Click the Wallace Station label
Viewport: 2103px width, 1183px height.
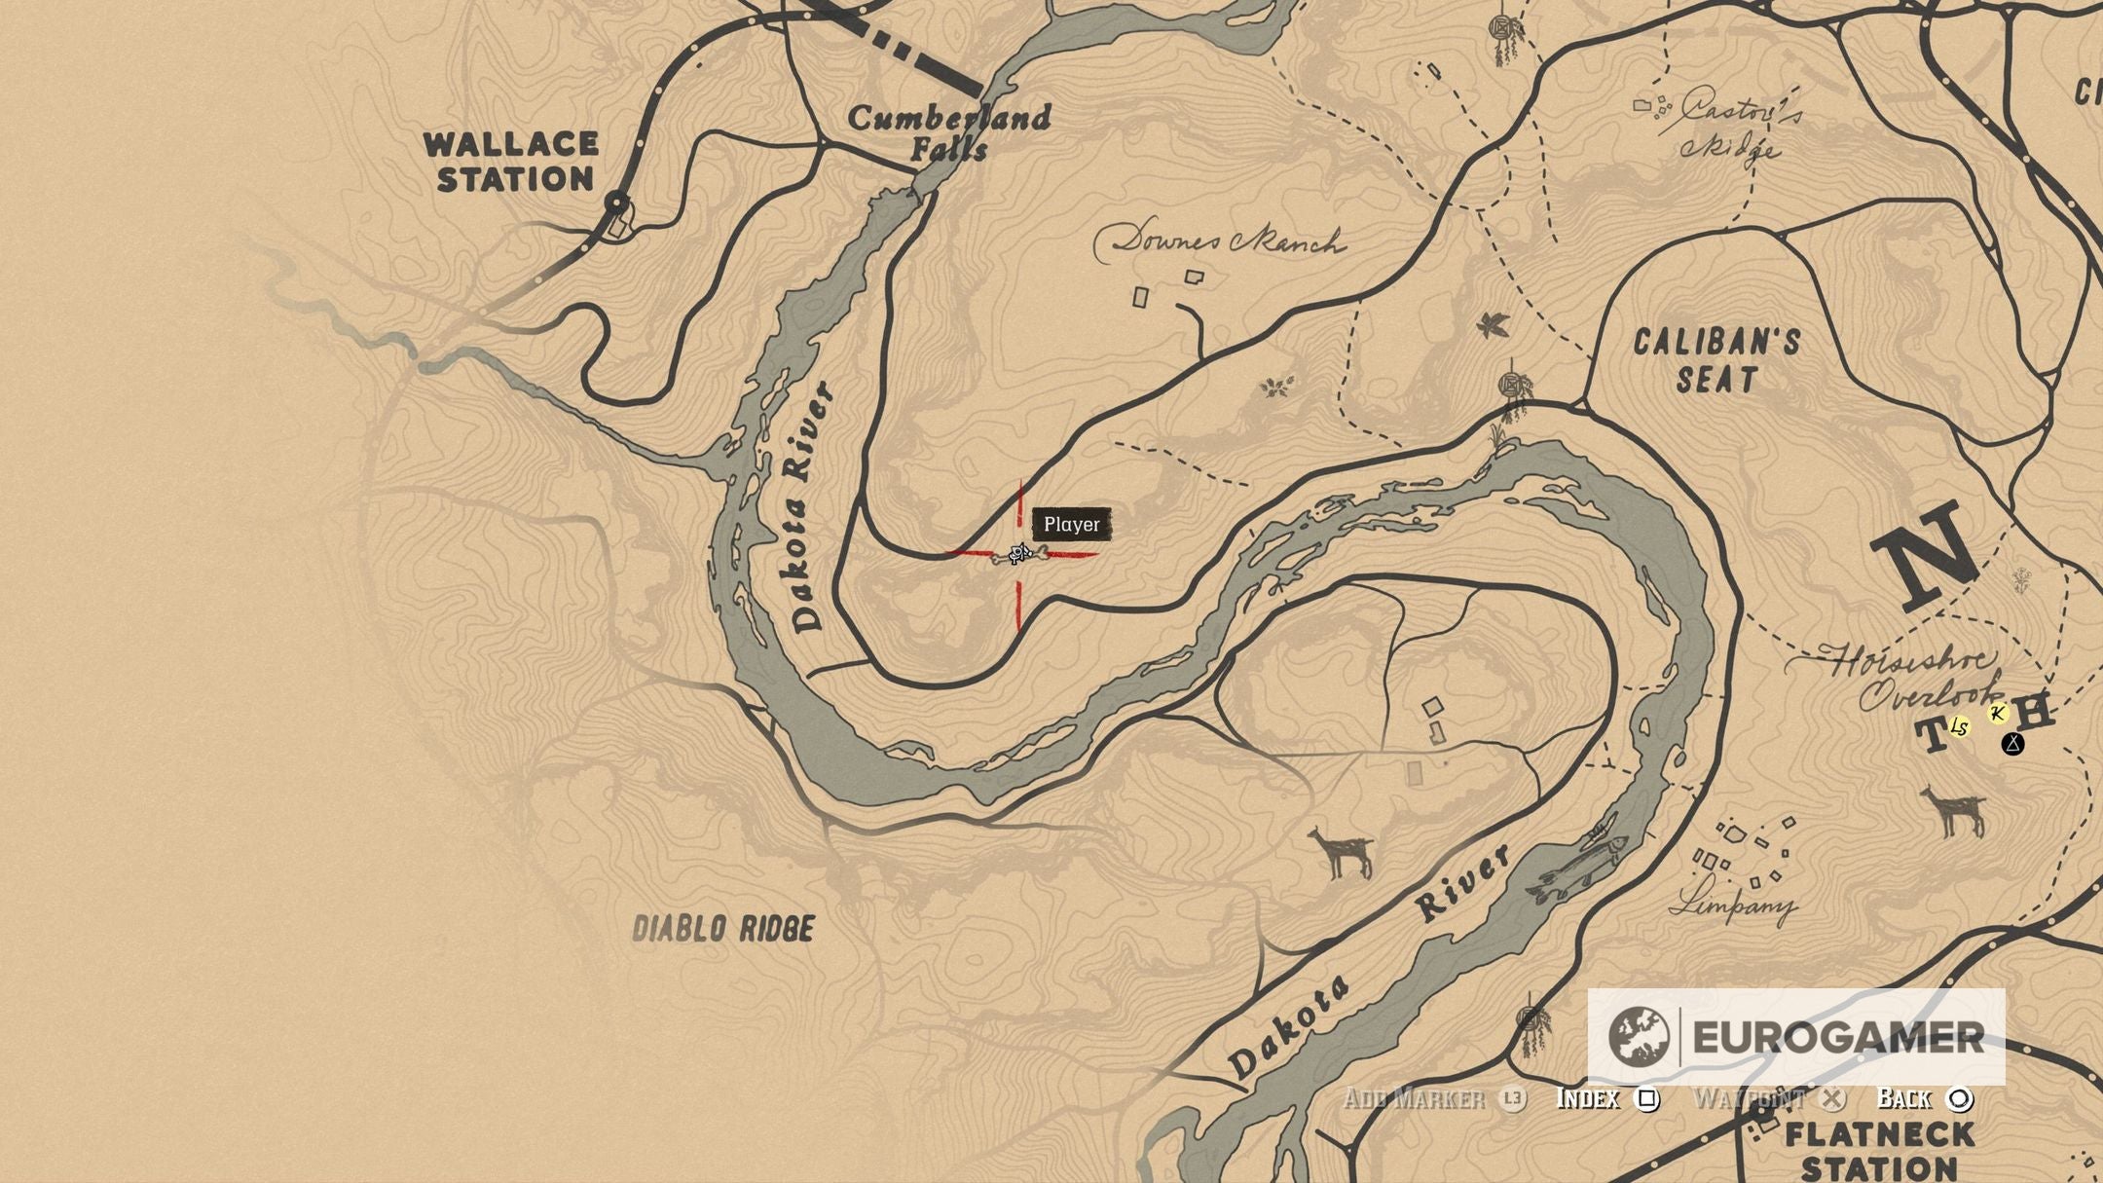click(512, 162)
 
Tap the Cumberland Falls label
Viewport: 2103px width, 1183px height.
click(949, 132)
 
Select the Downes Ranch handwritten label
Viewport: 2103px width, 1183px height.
click(1222, 241)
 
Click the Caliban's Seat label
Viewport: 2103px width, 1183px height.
click(1716, 360)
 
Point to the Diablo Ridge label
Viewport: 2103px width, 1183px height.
click(722, 929)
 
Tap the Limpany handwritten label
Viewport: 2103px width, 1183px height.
click(1733, 905)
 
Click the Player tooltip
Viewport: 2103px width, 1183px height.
click(1071, 525)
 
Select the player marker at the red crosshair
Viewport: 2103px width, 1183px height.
click(1019, 555)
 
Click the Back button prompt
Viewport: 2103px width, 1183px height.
click(1924, 1099)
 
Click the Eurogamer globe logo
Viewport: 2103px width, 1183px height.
click(1639, 1037)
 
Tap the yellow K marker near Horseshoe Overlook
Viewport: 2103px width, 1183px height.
click(1997, 714)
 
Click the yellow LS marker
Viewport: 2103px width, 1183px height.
click(1959, 727)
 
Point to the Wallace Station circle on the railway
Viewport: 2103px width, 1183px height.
click(616, 203)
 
